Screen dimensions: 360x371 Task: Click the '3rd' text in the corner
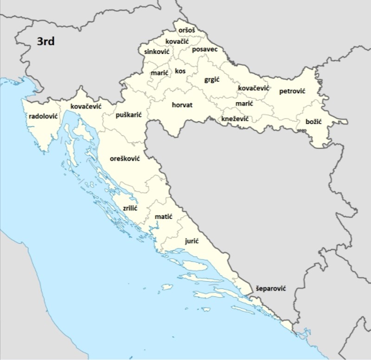click(46, 42)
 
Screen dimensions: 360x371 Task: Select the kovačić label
click(177, 42)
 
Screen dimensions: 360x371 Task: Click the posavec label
click(205, 49)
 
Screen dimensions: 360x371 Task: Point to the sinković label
click(157, 51)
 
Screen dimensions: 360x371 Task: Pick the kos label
click(180, 71)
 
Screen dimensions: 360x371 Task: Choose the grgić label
click(212, 80)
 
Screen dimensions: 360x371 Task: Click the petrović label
click(292, 92)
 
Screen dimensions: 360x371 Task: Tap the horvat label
click(182, 105)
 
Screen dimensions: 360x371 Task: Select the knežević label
click(235, 119)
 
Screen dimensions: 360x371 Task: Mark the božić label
click(313, 122)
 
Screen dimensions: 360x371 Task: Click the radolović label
click(43, 116)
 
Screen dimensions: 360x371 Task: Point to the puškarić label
click(128, 114)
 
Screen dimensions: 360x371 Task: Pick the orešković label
click(125, 158)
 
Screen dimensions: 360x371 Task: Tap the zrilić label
click(130, 208)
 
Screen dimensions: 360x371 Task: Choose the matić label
click(163, 216)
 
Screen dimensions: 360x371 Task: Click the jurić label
click(192, 241)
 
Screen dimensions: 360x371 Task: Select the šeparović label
click(271, 288)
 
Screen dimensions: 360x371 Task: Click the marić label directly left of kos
click(160, 73)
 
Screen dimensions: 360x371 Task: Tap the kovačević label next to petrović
click(253, 88)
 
